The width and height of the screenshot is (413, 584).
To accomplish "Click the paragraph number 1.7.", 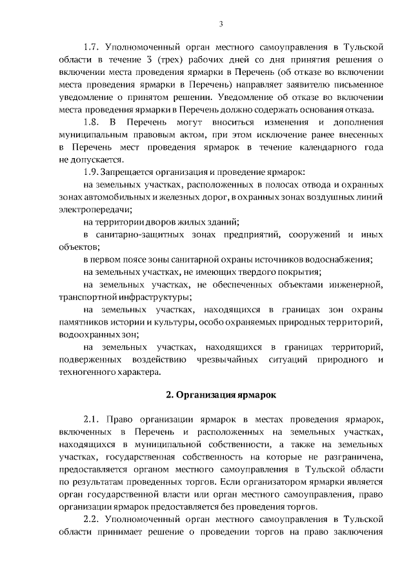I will pyautogui.click(x=92, y=47).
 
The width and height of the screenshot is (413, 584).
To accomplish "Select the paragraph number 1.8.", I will pyautogui.click(x=92, y=122).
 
